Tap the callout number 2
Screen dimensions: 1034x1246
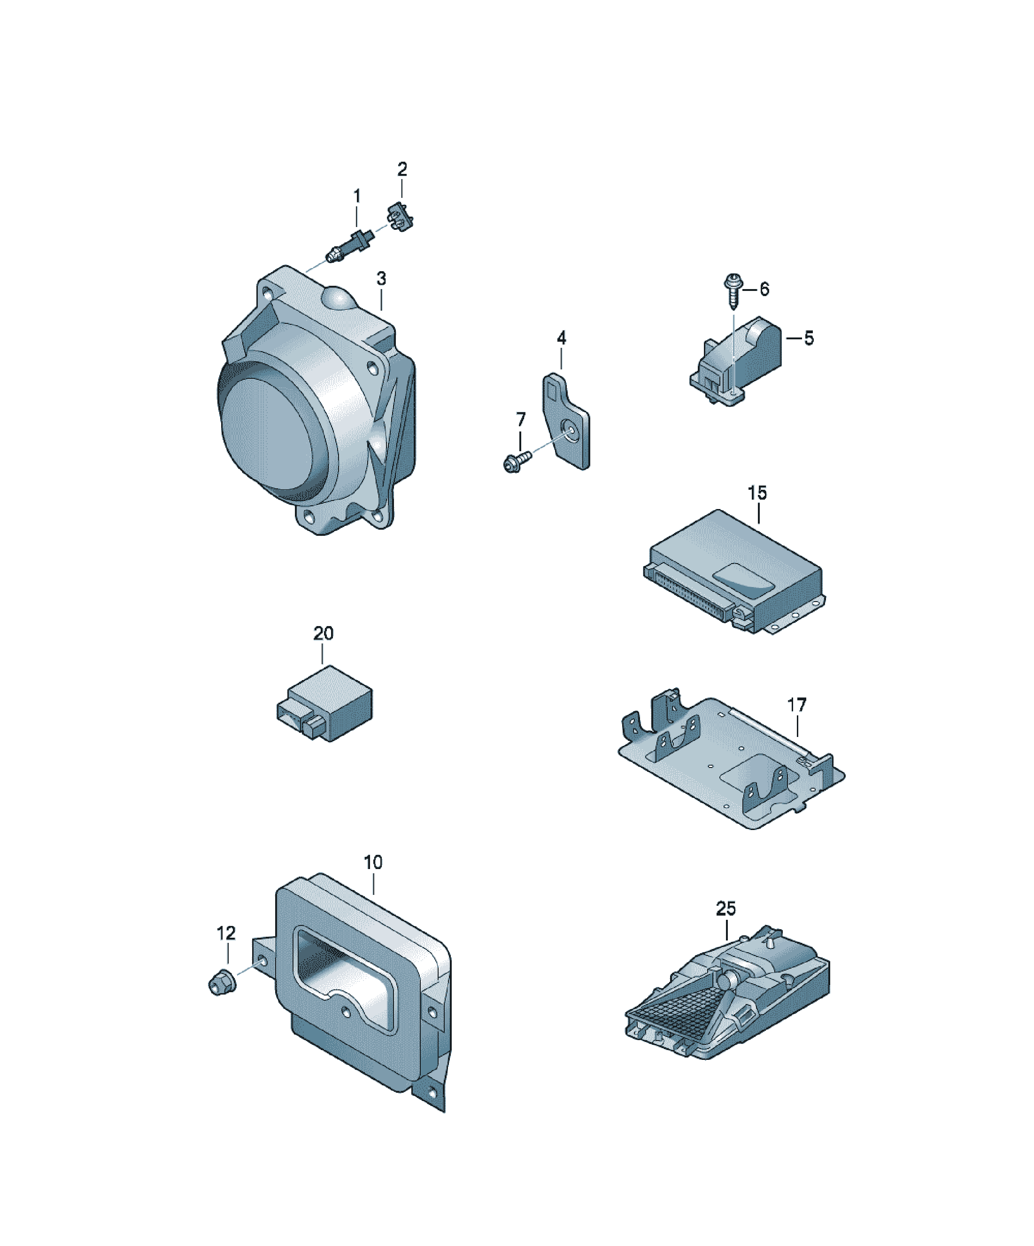pyautogui.click(x=402, y=169)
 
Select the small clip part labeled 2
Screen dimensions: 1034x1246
pyautogui.click(x=401, y=217)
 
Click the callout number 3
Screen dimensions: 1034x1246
pyautogui.click(x=381, y=278)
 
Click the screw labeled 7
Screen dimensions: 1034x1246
pyautogui.click(x=516, y=461)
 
